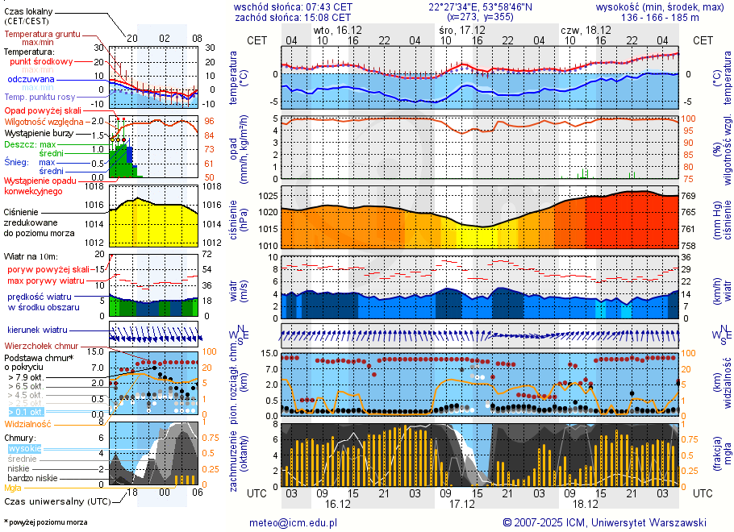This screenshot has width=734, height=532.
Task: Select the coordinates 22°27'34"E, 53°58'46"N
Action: point(480,6)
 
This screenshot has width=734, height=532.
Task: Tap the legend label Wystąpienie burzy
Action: point(37,132)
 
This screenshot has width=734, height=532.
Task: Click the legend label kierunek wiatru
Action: point(36,330)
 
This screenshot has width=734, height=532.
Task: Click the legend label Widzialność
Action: point(28,423)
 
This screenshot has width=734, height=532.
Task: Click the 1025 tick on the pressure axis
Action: point(267,196)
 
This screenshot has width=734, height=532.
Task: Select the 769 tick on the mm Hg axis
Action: point(690,196)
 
